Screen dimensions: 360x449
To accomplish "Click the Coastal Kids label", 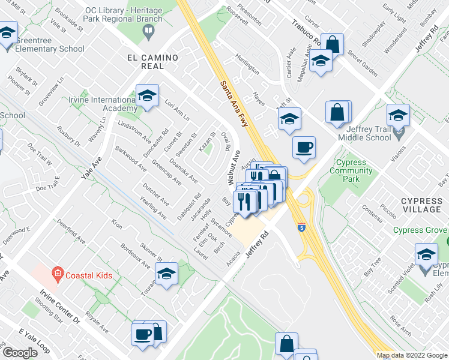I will [x=89, y=276].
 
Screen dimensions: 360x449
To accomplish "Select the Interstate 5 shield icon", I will [x=300, y=228].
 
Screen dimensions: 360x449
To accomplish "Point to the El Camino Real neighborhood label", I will [x=152, y=62].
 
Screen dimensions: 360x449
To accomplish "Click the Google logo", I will [x=20, y=353].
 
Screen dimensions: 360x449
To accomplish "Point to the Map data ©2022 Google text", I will [x=411, y=355].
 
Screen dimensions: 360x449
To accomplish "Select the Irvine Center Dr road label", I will [x=60, y=307].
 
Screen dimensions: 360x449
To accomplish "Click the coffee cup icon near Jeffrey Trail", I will [x=304, y=146].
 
